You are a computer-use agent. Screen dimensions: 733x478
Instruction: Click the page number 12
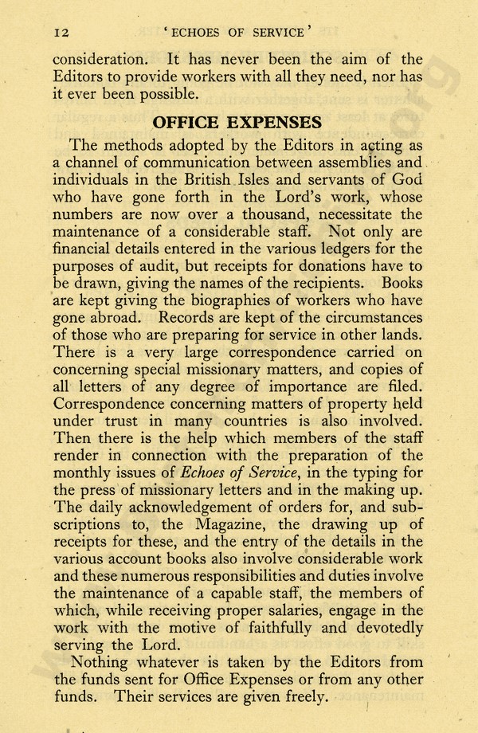tap(61, 32)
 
